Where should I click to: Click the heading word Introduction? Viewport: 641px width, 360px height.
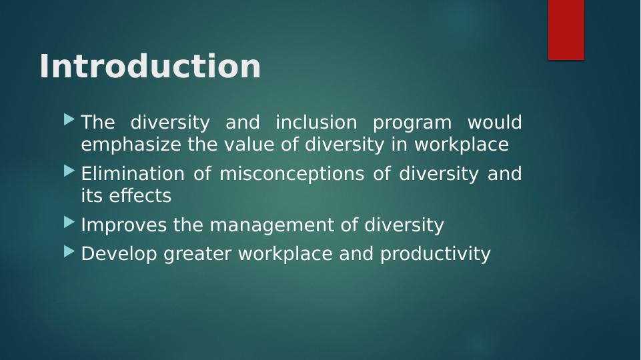[149, 67]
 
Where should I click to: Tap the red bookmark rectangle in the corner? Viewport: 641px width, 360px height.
[566, 30]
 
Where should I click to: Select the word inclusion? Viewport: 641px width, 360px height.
[316, 123]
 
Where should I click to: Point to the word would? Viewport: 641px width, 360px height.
[494, 123]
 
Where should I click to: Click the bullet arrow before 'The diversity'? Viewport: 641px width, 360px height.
[69, 121]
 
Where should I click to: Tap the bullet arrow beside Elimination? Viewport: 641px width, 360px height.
[69, 171]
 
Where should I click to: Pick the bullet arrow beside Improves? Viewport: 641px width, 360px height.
[69, 223]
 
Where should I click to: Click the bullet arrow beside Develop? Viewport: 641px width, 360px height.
[69, 251]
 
